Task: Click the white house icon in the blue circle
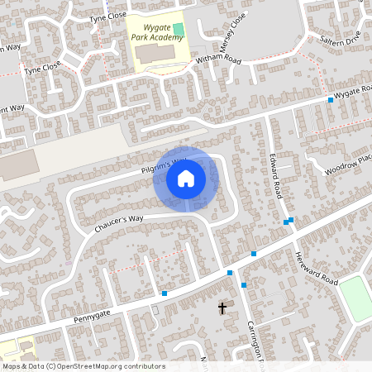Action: point(186,178)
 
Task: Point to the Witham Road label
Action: point(217,61)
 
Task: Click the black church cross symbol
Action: point(222,308)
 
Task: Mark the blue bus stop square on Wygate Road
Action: point(331,100)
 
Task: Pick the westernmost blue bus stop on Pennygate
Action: point(165,293)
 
